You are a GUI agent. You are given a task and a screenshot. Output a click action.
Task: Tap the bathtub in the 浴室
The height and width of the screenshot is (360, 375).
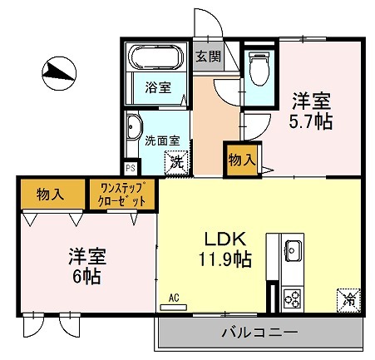tap(155, 57)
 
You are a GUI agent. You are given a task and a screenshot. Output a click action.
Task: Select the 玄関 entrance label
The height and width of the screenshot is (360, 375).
tap(208, 57)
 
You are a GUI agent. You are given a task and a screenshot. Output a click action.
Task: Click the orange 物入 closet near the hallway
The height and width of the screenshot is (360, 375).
tap(241, 160)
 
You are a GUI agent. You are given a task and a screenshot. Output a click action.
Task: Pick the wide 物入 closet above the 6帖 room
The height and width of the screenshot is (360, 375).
tap(51, 195)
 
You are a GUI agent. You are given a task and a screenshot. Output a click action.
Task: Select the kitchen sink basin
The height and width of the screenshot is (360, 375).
tap(293, 249)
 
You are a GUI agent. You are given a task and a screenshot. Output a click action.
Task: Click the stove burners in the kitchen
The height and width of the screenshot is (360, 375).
tap(292, 296)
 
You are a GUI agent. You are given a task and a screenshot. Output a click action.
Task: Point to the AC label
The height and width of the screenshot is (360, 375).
tap(174, 297)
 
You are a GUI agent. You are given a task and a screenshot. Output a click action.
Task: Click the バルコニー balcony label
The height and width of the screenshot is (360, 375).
tap(259, 333)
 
